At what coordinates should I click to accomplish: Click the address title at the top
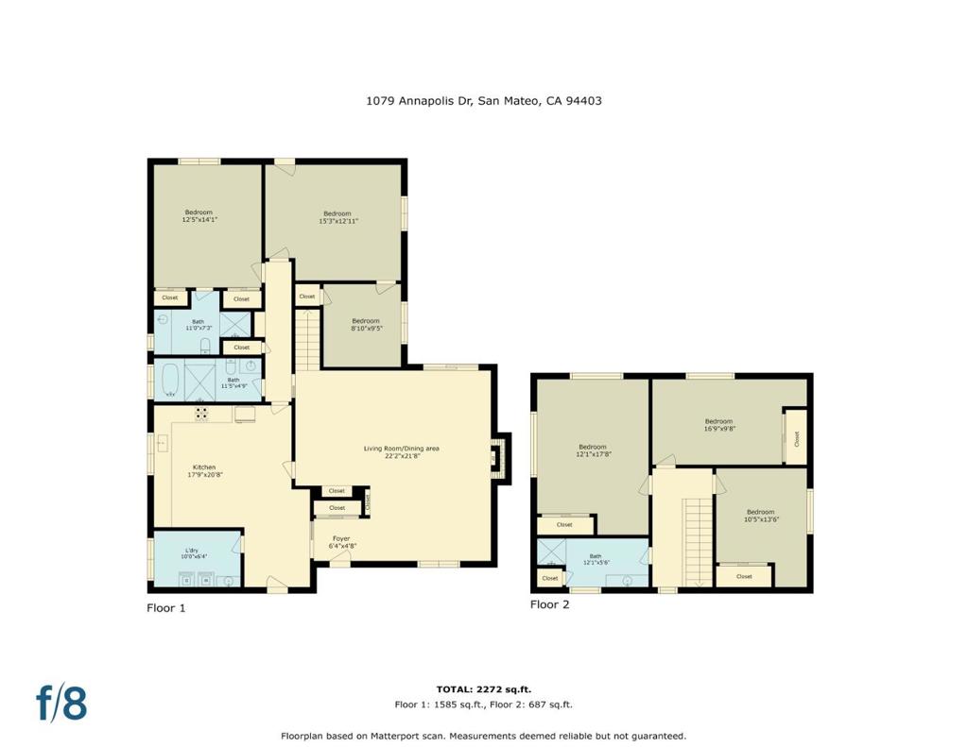(483, 100)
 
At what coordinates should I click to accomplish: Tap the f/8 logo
(61, 704)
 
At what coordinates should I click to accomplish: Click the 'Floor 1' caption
(166, 608)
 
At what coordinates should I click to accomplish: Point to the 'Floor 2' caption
(549, 604)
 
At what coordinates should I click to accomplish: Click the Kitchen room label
(204, 471)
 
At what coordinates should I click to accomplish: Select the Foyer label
(340, 542)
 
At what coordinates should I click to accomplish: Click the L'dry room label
(192, 554)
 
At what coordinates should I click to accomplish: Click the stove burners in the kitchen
(202, 413)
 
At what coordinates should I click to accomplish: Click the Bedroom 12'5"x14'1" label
(199, 216)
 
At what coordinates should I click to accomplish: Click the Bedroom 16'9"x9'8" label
(718, 425)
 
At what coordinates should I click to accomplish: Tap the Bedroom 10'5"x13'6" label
(760, 516)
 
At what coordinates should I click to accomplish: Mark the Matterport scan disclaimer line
(483, 736)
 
